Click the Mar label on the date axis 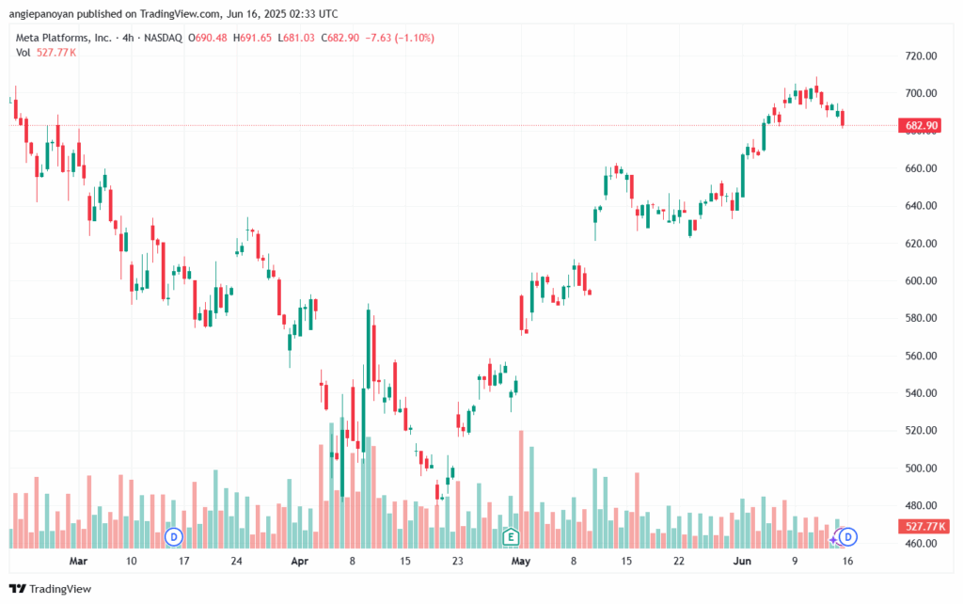(x=78, y=561)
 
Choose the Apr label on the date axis (x=300, y=561)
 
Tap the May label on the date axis (x=521, y=561)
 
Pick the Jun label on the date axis (x=742, y=561)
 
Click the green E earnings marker (x=511, y=537)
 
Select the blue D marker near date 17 (x=173, y=537)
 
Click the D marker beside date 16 (x=847, y=537)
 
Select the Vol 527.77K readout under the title (x=46, y=52)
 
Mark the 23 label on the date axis (x=458, y=561)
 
